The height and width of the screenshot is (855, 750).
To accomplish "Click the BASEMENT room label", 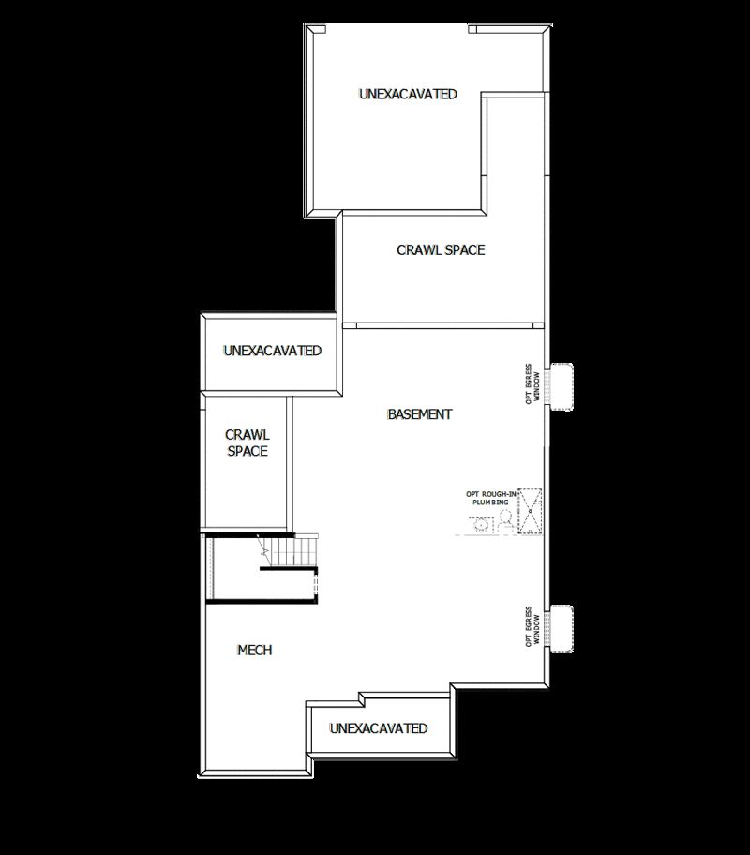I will pyautogui.click(x=420, y=413).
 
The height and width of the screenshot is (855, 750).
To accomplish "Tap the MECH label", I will pyautogui.click(x=254, y=650).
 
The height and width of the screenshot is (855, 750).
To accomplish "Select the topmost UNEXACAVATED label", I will pyautogui.click(x=408, y=94).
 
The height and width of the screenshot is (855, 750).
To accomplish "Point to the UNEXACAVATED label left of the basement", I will pyautogui.click(x=272, y=351).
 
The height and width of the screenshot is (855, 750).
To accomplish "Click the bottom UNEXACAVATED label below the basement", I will pyautogui.click(x=379, y=728).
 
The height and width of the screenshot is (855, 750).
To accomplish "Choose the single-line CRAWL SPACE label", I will pyautogui.click(x=441, y=249).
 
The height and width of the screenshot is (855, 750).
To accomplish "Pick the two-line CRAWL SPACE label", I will pyautogui.click(x=247, y=442).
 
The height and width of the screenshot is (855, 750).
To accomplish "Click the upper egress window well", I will pyautogui.click(x=561, y=385).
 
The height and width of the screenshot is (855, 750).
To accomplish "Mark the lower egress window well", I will pyautogui.click(x=561, y=629).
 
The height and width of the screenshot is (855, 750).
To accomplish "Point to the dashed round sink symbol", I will pyautogui.click(x=481, y=525).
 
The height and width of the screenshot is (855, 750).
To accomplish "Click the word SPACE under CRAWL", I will pyautogui.click(x=247, y=451).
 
